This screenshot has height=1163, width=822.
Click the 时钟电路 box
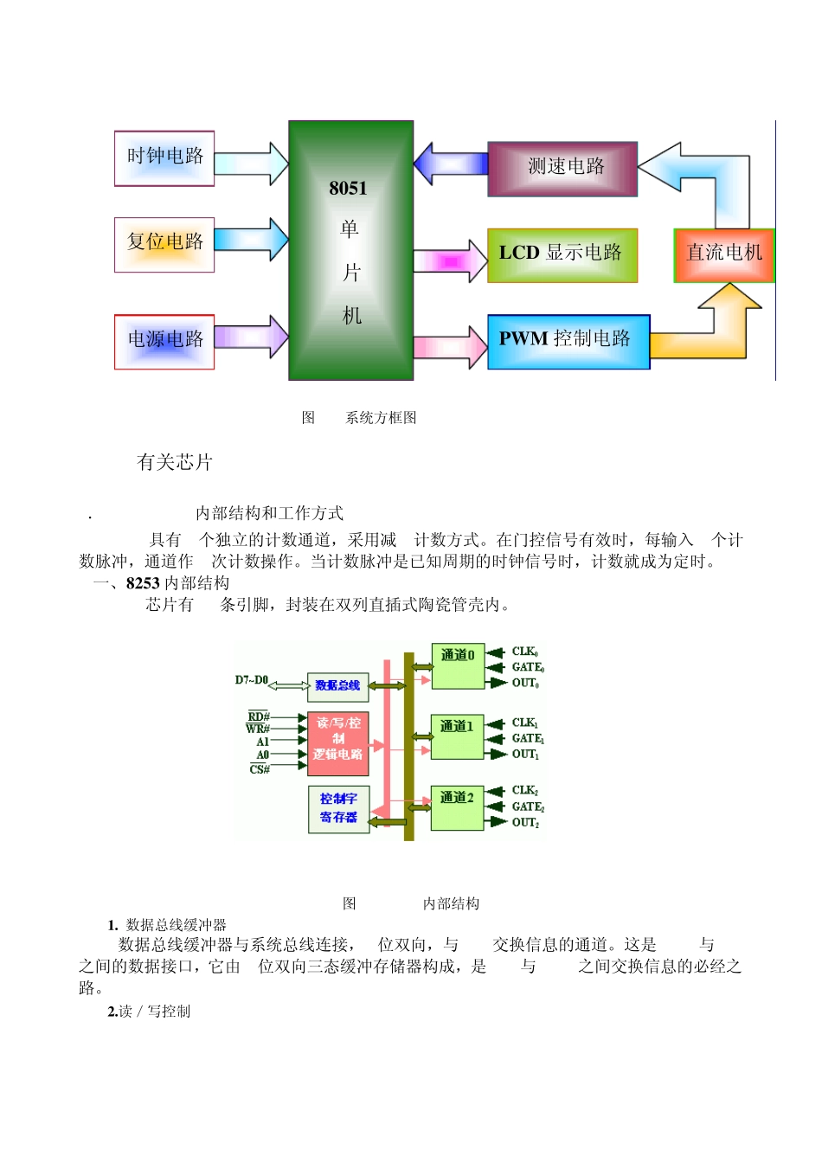pyautogui.click(x=164, y=158)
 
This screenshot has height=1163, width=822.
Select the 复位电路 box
pyautogui.click(x=164, y=245)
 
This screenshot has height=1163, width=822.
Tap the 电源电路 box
pyautogui.click(x=164, y=342)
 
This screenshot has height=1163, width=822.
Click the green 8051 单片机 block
pyautogui.click(x=350, y=251)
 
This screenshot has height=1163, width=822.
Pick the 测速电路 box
pyautogui.click(x=562, y=169)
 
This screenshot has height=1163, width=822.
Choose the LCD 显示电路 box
pyautogui.click(x=562, y=255)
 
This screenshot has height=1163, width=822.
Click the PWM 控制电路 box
pyautogui.click(x=568, y=342)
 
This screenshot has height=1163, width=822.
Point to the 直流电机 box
pyautogui.click(x=724, y=255)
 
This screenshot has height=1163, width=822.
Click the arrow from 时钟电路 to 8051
pyautogui.click(x=251, y=164)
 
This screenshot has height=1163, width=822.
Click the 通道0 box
pyautogui.click(x=458, y=666)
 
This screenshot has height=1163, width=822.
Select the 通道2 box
pyautogui.click(x=457, y=808)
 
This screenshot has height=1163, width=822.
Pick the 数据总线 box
pyautogui.click(x=337, y=686)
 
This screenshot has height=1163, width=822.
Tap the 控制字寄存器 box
pyautogui.click(x=338, y=809)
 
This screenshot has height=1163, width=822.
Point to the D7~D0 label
pyautogui.click(x=252, y=680)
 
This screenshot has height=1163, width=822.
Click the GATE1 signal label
pyautogui.click(x=528, y=738)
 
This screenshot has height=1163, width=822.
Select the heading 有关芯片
pyautogui.click(x=175, y=462)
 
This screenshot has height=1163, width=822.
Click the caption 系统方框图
pyautogui.click(x=381, y=418)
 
